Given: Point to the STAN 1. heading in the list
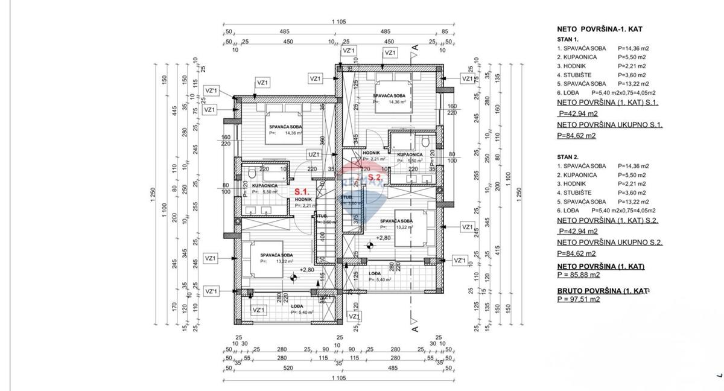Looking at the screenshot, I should pos(567,39).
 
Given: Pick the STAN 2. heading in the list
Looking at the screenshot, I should pos(567,156).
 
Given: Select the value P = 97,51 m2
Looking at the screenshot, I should pos(578,299).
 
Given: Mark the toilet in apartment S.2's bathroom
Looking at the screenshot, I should pos(426,142).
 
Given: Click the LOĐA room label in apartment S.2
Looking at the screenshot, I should pos(375,273).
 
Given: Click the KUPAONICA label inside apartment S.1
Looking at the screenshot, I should pos(264,185).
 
